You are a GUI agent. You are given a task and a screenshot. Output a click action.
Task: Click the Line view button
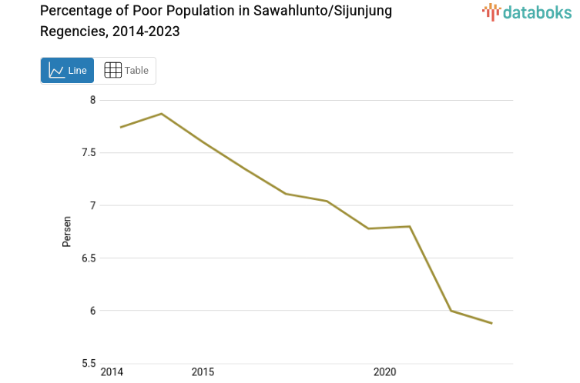(x=67, y=70)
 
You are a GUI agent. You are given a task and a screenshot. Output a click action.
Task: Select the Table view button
(x=126, y=70)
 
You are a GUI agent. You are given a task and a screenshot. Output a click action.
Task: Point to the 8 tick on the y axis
(x=92, y=100)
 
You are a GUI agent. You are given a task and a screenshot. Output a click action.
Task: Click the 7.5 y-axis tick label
(x=89, y=152)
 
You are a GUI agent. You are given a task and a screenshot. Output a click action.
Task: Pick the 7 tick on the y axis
(x=92, y=205)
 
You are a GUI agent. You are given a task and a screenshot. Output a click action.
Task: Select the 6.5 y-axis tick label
(x=89, y=258)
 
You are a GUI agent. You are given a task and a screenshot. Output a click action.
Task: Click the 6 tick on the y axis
(x=92, y=311)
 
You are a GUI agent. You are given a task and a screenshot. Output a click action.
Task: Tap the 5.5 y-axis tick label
(x=89, y=363)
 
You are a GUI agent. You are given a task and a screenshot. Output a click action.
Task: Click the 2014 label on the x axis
(x=112, y=372)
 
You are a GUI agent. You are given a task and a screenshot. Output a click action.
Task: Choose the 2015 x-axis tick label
(x=203, y=372)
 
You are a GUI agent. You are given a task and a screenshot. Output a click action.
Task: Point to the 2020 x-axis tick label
(x=384, y=372)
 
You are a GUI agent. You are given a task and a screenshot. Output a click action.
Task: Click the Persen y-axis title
(x=67, y=231)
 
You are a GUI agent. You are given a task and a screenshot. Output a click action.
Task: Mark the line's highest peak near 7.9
(x=162, y=114)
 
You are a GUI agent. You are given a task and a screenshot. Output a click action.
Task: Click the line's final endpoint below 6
(x=491, y=323)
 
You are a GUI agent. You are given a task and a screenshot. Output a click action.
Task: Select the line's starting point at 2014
(x=121, y=127)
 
